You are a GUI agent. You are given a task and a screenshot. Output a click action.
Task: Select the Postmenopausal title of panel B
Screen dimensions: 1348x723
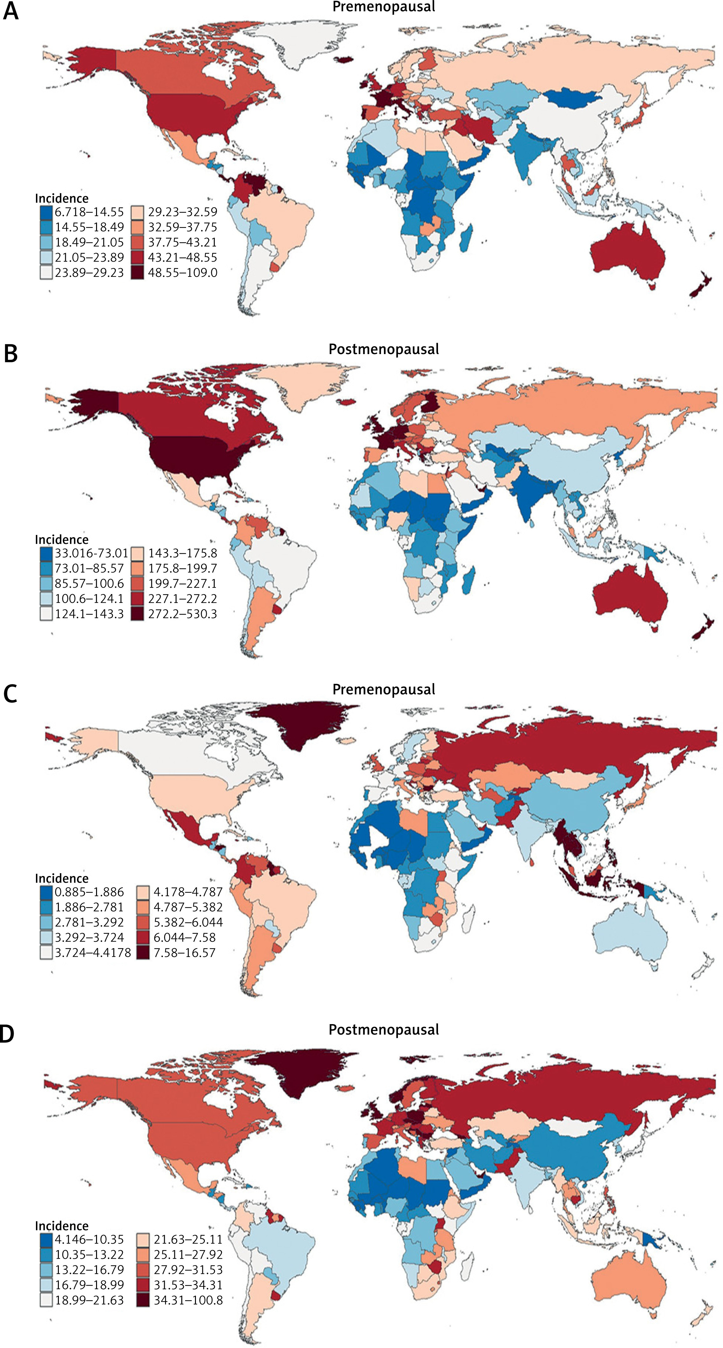pos(383,349)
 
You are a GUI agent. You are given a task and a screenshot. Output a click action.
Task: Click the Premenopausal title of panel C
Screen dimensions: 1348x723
pos(383,689)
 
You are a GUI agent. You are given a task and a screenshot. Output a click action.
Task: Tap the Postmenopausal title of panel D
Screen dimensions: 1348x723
pos(383,1029)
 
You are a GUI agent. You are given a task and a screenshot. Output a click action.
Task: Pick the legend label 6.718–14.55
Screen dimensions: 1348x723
pos(89,212)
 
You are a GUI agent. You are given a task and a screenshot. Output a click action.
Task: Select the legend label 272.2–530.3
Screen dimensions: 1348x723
pos(182,614)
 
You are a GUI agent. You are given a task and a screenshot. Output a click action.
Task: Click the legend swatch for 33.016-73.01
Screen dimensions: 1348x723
pos(46,553)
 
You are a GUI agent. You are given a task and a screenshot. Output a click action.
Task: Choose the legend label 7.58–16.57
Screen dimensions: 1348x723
pos(184,952)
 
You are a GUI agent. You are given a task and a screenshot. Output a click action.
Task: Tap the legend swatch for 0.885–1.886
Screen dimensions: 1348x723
pos(46,892)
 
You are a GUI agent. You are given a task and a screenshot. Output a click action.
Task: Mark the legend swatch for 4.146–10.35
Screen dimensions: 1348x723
pos(46,1239)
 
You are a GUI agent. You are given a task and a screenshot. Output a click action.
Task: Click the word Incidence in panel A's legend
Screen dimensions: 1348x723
pos(62,198)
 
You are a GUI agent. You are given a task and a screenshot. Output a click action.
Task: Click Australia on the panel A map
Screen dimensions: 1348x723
pos(628,257)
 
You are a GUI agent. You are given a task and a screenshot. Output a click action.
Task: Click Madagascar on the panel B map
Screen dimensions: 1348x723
pos(469,581)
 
